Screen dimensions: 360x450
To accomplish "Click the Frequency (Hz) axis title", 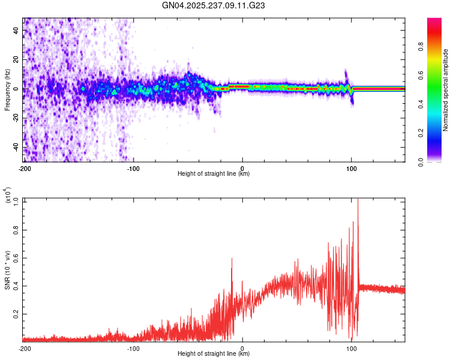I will (7, 89).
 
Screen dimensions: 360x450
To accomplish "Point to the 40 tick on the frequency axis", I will (17, 31).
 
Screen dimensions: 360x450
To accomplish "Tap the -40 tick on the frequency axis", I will (16, 148).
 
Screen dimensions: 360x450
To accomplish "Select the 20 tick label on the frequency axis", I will (17, 60).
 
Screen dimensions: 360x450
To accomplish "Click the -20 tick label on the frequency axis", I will (16, 118).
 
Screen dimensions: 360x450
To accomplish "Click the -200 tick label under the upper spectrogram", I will (24, 169).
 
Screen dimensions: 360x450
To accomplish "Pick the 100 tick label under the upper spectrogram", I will (352, 169).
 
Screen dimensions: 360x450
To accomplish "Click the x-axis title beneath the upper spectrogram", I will (214, 174).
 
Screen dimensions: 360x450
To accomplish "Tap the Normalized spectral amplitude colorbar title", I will (445, 91).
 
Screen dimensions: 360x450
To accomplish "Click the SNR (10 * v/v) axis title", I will (8, 270).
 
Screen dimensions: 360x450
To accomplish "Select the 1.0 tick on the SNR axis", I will (16, 200).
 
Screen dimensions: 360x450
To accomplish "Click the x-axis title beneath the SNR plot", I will (214, 353).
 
